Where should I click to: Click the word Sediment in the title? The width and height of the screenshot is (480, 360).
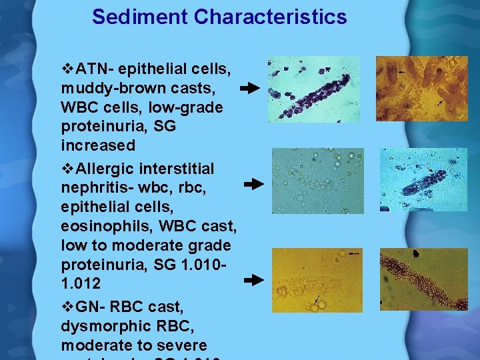point(140,17)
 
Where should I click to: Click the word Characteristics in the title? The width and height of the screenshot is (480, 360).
point(271,17)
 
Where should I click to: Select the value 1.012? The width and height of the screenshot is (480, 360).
point(81,283)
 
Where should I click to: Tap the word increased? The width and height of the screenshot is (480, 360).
point(98,145)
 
